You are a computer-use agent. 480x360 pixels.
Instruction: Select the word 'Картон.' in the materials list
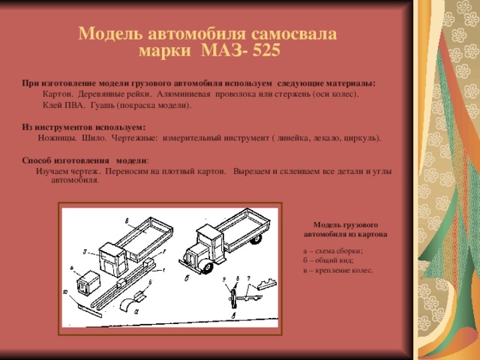[x=58, y=94]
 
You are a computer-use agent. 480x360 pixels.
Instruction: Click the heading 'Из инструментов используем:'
[x=83, y=127]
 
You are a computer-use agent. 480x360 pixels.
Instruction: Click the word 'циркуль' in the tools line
[x=361, y=138]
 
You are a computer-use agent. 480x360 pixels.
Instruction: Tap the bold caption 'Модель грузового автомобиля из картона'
[x=345, y=229]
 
